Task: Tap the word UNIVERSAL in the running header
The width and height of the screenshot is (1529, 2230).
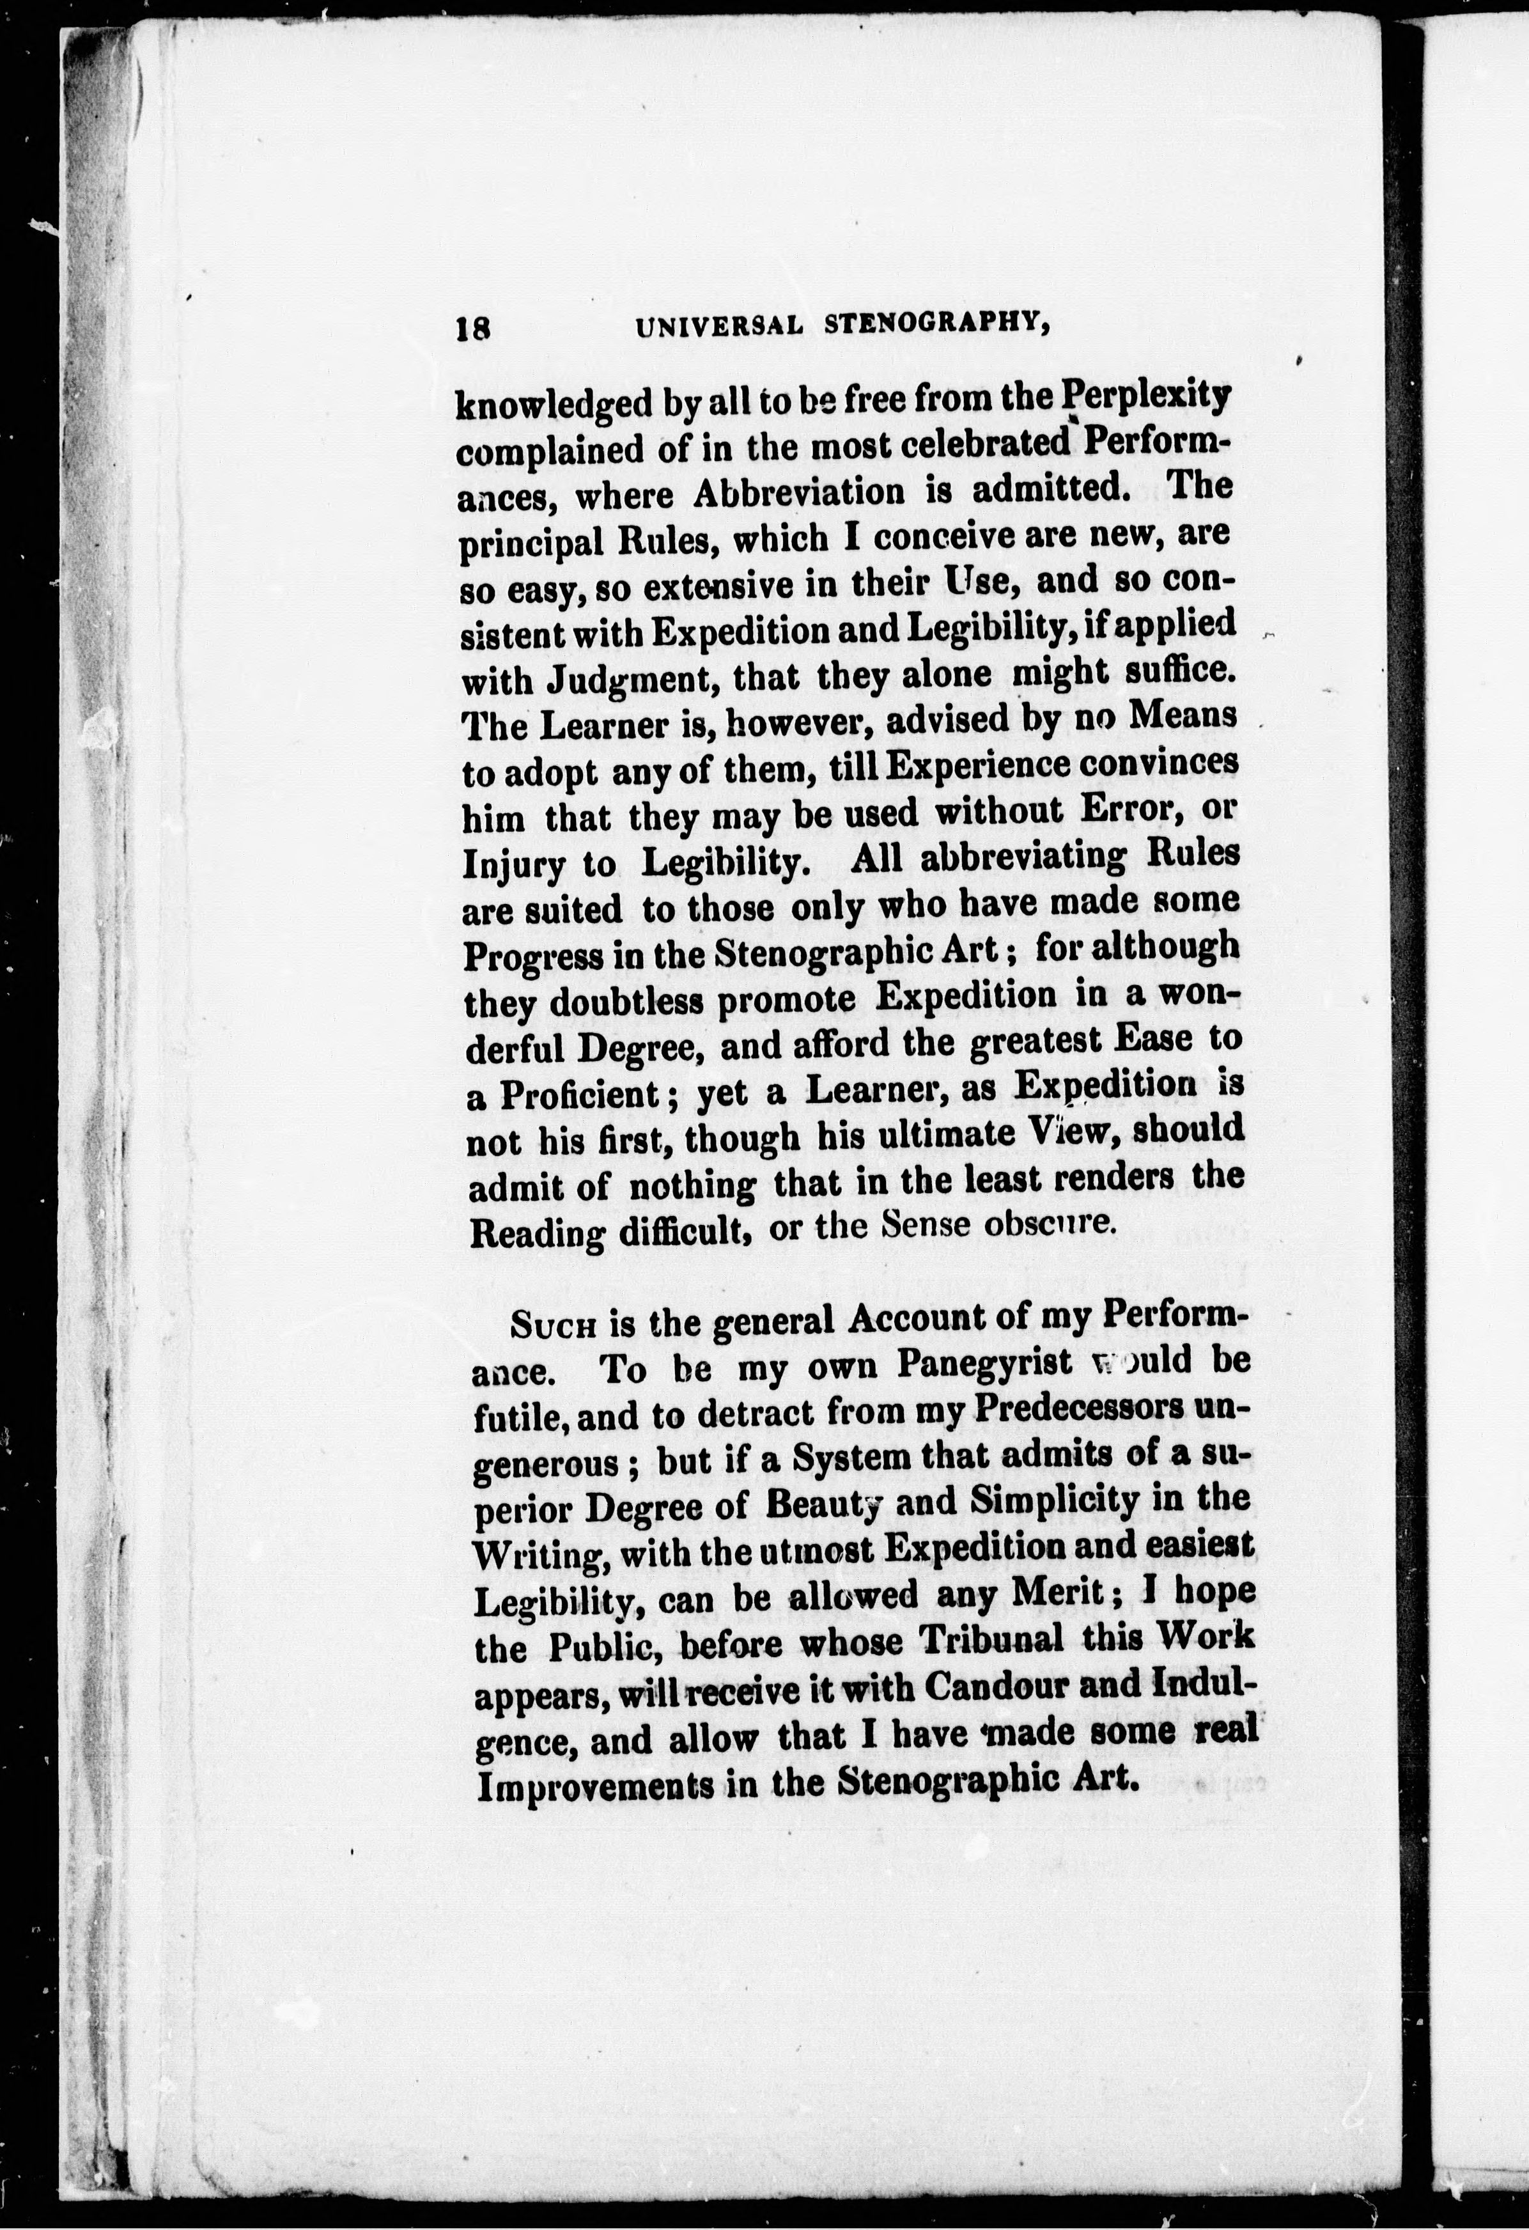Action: (x=718, y=327)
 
